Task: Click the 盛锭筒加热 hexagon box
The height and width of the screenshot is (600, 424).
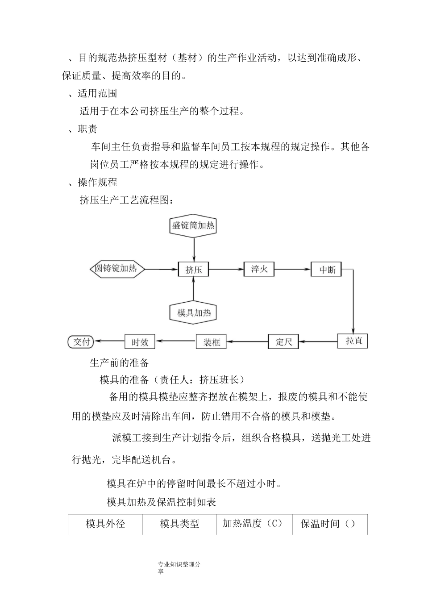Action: pyautogui.click(x=193, y=225)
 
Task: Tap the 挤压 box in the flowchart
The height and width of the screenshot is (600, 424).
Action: pyautogui.click(x=193, y=269)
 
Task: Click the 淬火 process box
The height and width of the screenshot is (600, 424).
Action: pyautogui.click(x=259, y=269)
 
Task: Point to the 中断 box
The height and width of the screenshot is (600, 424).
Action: pyautogui.click(x=327, y=269)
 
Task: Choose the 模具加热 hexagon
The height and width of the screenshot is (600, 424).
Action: pyautogui.click(x=193, y=312)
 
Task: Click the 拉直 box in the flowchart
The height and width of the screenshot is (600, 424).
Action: pyautogui.click(x=353, y=341)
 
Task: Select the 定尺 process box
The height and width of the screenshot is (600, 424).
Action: pyautogui.click(x=283, y=342)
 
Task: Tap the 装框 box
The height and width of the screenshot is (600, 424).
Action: pyautogui.click(x=212, y=342)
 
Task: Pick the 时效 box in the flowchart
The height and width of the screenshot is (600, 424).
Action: pyautogui.click(x=140, y=342)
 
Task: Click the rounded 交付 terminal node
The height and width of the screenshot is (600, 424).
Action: pyautogui.click(x=82, y=342)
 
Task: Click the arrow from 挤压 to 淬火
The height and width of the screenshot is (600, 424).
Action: pyautogui.click(x=226, y=269)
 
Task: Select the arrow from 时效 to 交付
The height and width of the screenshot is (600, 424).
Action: pyautogui.click(x=110, y=342)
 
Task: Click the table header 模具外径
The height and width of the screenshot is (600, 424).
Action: pyautogui.click(x=105, y=524)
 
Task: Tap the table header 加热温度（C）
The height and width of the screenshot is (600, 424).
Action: pyautogui.click(x=253, y=524)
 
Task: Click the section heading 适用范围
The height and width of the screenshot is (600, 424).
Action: pyautogui.click(x=97, y=93)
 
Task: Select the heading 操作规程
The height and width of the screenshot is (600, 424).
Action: pyautogui.click(x=97, y=182)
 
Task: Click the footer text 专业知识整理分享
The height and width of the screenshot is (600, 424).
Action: pyautogui.click(x=179, y=568)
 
